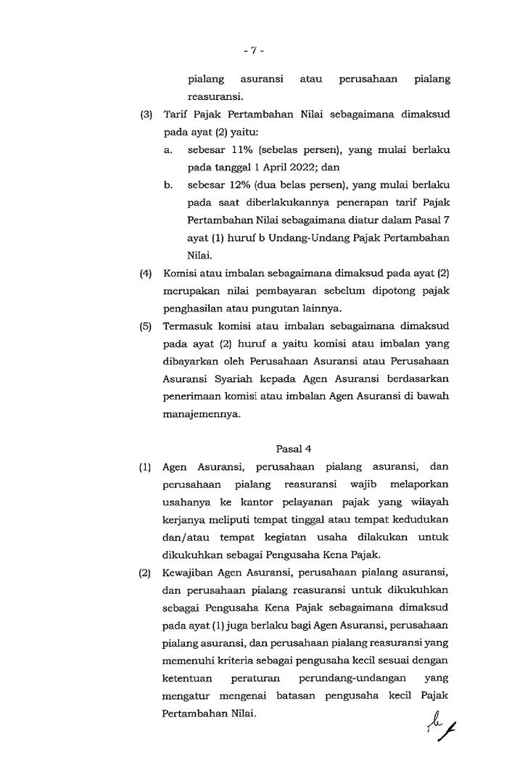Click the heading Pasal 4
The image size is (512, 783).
[292, 449]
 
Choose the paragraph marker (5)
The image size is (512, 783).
[146, 327]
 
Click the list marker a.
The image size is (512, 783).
[168, 150]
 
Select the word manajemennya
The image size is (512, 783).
[200, 415]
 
